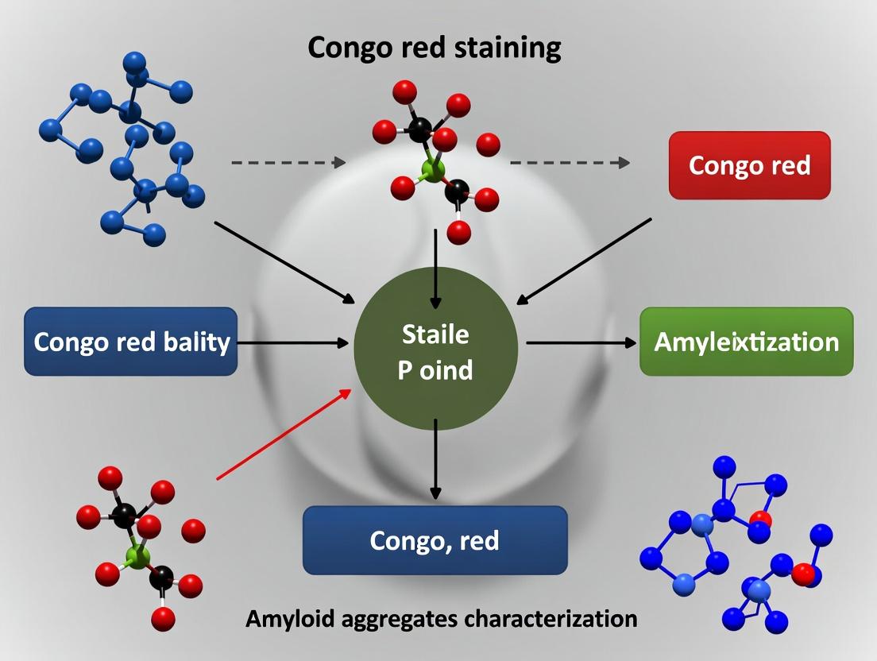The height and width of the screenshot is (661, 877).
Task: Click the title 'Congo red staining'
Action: tap(434, 48)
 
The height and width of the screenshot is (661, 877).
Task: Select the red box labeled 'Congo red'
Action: tap(749, 165)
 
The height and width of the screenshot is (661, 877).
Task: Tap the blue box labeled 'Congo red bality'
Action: tap(131, 342)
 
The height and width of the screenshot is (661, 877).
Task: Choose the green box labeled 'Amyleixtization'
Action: tap(746, 342)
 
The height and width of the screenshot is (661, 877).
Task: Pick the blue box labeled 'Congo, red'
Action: tap(435, 541)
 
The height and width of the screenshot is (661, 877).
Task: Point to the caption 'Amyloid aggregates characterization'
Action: tap(441, 618)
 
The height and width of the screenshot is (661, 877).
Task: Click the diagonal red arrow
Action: tap(284, 435)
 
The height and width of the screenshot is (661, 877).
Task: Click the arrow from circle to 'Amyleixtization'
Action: tap(580, 342)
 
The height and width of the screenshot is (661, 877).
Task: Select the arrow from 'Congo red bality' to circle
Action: tap(292, 343)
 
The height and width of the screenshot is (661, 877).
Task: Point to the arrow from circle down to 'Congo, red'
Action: tap(435, 461)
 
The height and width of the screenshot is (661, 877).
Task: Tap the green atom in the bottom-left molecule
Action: tap(138, 556)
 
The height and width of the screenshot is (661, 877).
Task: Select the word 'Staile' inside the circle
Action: tap(435, 334)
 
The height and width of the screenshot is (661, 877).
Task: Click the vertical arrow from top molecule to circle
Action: tap(435, 269)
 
